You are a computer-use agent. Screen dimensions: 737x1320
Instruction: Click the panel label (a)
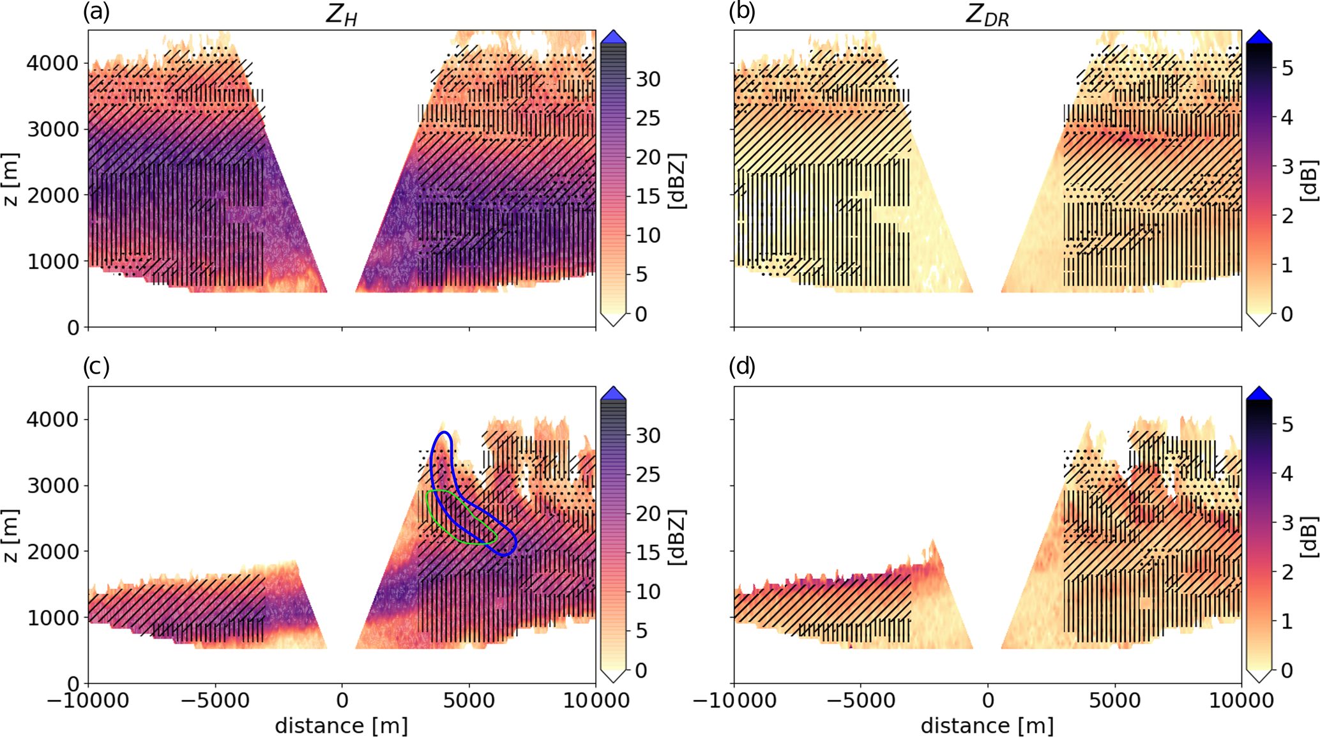(96, 12)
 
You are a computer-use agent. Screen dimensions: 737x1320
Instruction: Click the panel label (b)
(742, 12)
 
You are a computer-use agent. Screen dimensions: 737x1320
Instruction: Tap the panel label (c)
(96, 367)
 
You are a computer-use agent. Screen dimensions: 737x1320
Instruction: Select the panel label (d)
(742, 367)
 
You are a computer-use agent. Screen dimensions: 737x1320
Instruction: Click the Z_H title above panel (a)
(342, 15)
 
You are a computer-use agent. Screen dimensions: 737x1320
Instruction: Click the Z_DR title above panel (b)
(987, 15)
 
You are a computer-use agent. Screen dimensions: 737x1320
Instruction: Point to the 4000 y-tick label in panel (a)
(52, 63)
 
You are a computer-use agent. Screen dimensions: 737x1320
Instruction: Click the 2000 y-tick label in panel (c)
(52, 552)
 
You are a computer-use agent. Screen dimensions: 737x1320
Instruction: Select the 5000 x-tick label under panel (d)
(1115, 701)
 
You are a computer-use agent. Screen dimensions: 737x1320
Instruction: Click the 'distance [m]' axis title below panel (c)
(342, 726)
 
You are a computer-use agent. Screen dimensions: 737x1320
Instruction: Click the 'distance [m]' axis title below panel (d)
(987, 726)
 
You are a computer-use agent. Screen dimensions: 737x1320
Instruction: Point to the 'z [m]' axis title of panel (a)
(11, 179)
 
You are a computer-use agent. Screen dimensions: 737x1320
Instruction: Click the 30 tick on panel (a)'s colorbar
(648, 79)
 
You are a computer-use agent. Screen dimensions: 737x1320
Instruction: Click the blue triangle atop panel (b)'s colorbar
(1259, 37)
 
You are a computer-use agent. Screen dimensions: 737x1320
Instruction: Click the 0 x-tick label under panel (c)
(342, 701)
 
